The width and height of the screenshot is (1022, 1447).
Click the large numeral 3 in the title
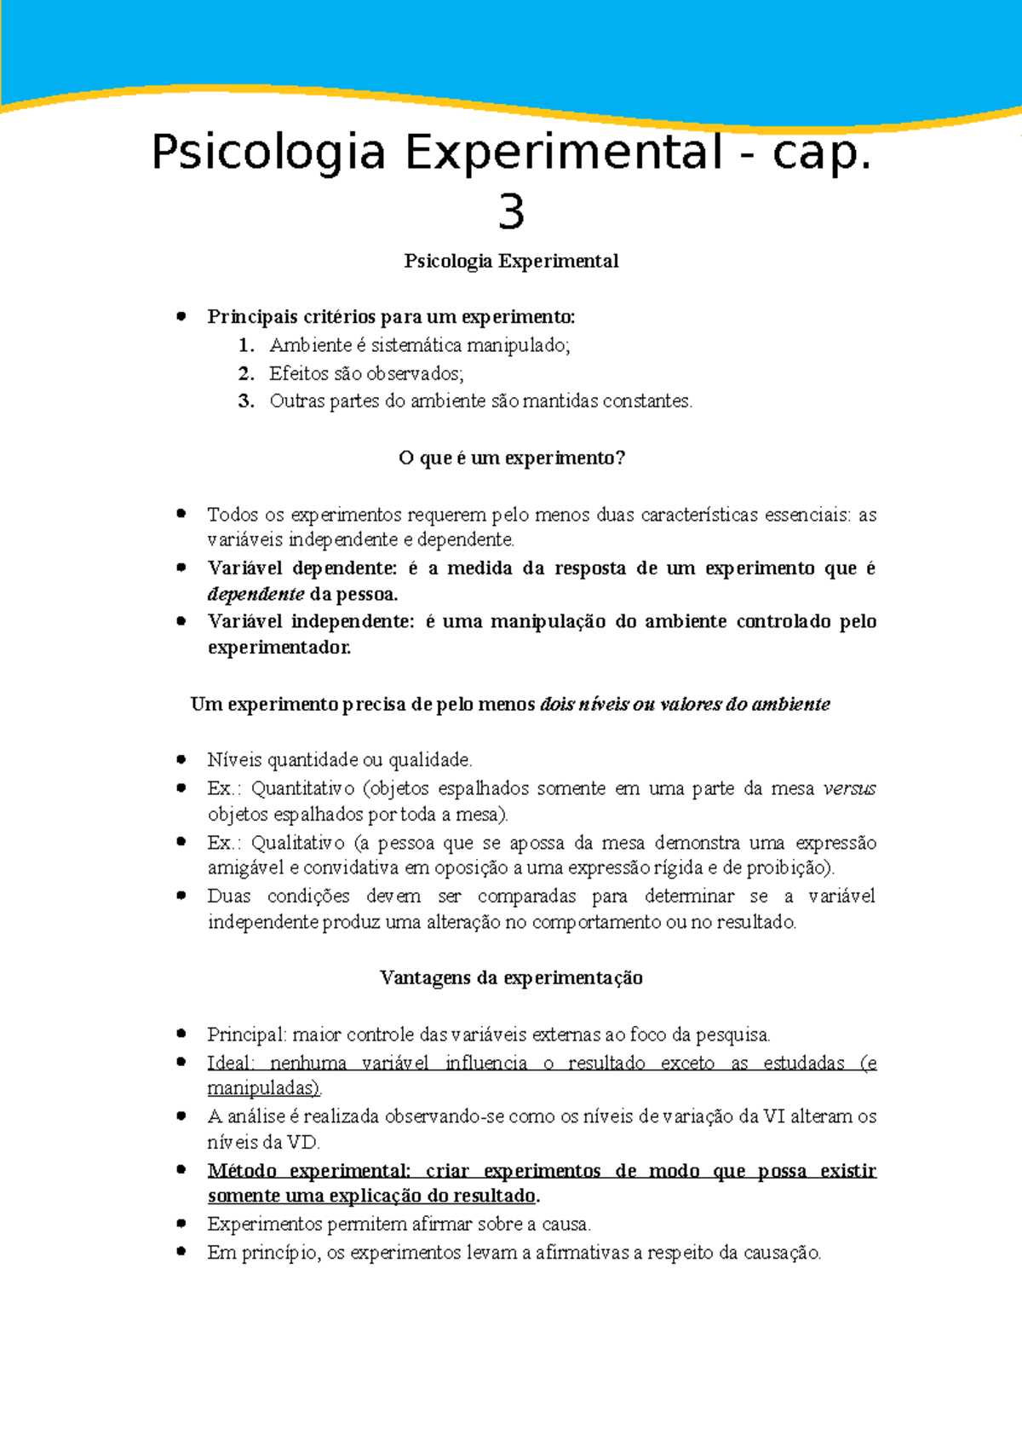coord(511,211)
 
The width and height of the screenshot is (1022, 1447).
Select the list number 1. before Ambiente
coord(246,346)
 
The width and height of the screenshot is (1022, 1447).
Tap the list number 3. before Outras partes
coord(246,401)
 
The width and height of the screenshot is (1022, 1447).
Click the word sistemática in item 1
coord(416,346)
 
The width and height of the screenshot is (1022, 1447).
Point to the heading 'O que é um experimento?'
coord(511,458)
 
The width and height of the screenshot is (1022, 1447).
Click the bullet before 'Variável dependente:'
coord(181,568)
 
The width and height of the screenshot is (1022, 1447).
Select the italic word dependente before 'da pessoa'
coord(255,594)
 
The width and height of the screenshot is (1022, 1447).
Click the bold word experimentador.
coord(279,648)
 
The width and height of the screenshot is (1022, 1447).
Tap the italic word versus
coord(850,788)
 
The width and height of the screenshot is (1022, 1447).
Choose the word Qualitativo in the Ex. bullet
coord(297,843)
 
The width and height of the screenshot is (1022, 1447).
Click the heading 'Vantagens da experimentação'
coord(511,977)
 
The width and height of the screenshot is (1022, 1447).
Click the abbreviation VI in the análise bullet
coord(774,1116)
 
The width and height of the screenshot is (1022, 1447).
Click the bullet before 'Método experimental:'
coord(181,1170)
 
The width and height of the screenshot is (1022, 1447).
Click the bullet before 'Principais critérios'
coord(181,316)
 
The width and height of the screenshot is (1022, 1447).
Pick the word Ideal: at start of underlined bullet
coord(231,1063)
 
